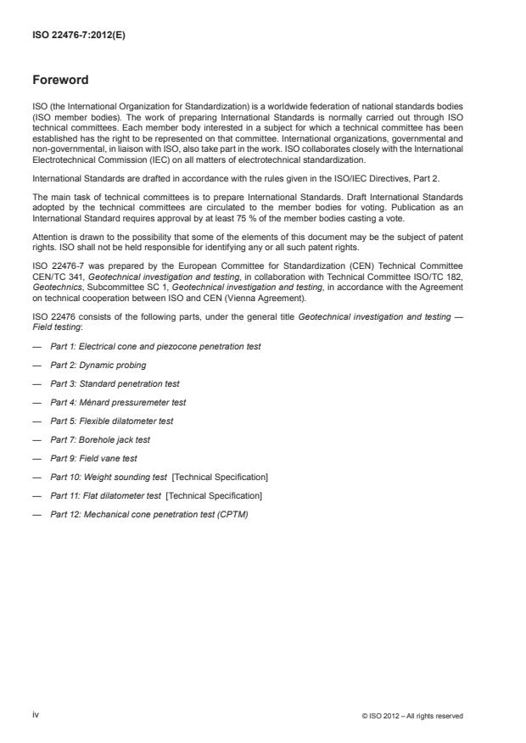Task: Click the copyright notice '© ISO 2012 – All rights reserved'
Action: click(x=411, y=716)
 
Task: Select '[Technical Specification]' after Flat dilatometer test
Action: click(x=215, y=495)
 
